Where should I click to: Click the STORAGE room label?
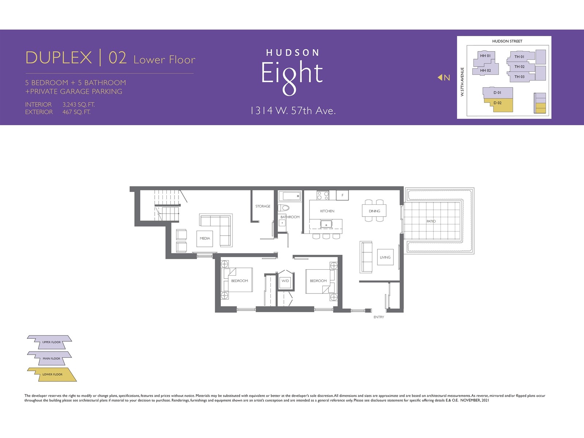262,206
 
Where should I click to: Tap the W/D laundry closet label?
285,281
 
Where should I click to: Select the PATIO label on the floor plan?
431,221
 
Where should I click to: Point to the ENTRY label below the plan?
379,317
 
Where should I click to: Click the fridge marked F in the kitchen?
342,195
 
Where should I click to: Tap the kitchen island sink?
326,224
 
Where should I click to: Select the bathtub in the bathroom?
290,196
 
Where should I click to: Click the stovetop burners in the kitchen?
322,195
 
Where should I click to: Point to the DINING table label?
374,211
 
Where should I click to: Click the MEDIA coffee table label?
205,238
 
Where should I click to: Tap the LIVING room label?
385,257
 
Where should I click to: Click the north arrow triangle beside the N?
440,77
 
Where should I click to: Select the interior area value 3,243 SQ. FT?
78,104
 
